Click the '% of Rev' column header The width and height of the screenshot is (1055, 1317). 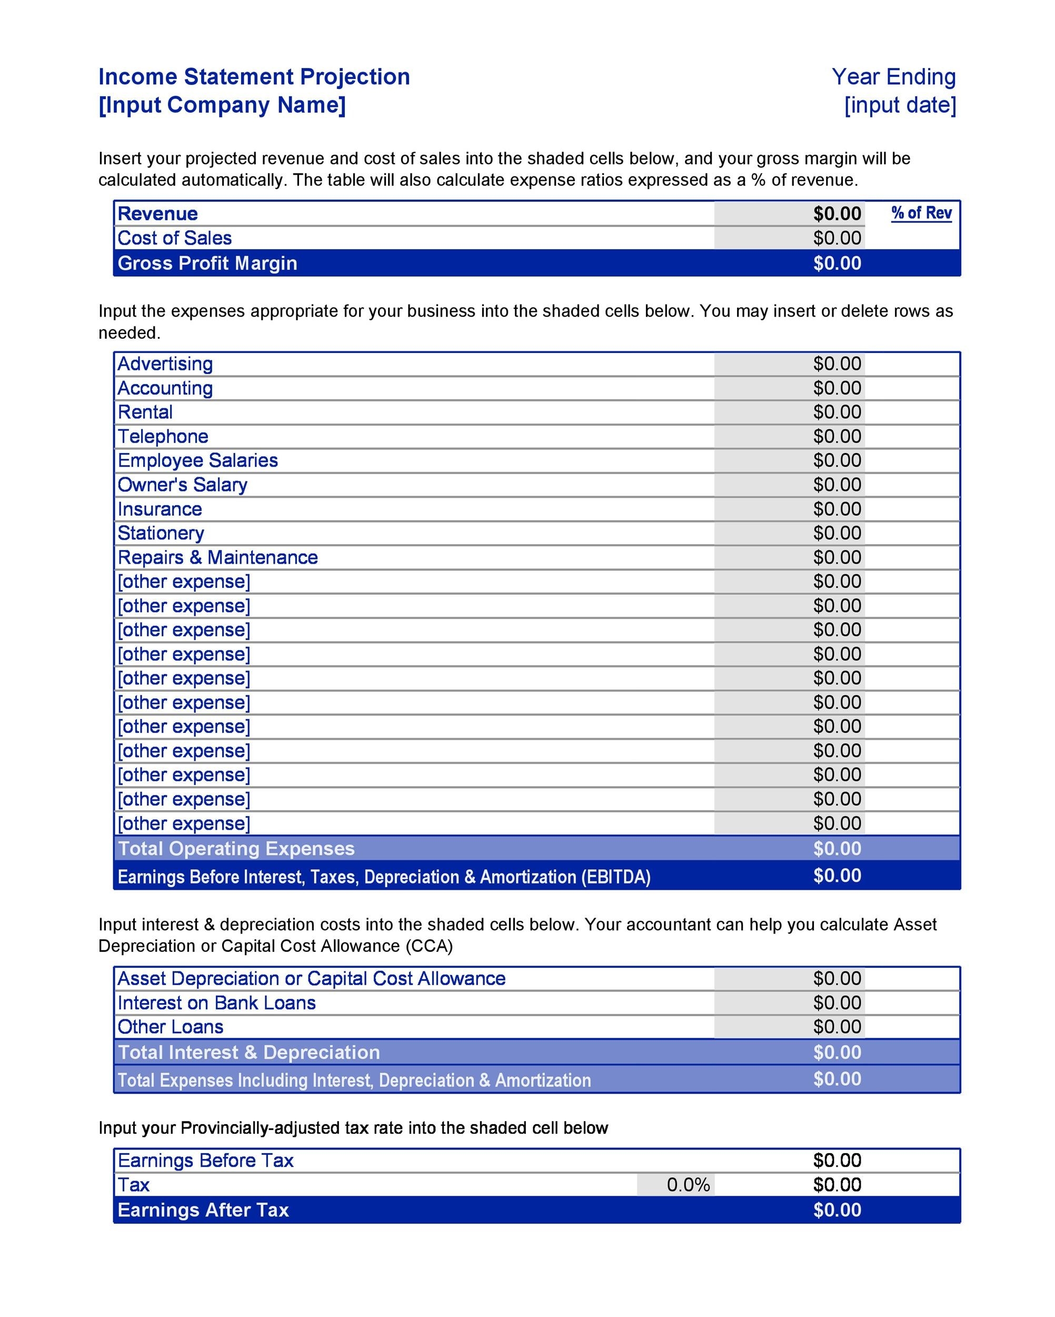(x=921, y=213)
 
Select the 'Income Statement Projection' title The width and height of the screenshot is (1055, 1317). (x=254, y=77)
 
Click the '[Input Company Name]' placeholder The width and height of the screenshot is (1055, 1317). (x=222, y=105)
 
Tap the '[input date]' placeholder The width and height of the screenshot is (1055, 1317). (x=900, y=105)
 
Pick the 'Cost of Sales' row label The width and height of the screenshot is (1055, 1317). (x=175, y=238)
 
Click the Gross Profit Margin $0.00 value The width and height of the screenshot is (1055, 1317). (x=837, y=263)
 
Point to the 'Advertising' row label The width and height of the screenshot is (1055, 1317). (x=165, y=364)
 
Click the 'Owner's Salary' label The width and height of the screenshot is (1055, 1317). (x=182, y=485)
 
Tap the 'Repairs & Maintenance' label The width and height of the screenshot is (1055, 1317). (x=217, y=558)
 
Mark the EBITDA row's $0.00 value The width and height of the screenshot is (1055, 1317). (x=837, y=876)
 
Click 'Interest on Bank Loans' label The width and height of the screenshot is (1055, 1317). (x=216, y=1003)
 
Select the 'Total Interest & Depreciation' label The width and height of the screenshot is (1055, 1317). (x=248, y=1053)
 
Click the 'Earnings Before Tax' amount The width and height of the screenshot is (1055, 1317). (x=837, y=1161)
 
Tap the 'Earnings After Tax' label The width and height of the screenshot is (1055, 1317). (x=203, y=1210)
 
